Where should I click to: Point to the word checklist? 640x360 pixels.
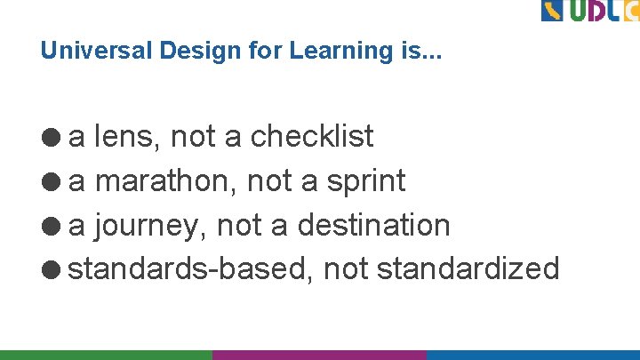point(312,137)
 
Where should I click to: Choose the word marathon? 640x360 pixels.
point(166,181)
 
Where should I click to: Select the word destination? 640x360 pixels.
point(373,225)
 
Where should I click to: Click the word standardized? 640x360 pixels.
point(468,268)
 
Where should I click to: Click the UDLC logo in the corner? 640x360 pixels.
point(589,11)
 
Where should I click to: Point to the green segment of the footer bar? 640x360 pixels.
point(106,354)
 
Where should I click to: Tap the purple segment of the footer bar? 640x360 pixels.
point(319,354)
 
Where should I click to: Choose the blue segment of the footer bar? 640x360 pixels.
point(532,354)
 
